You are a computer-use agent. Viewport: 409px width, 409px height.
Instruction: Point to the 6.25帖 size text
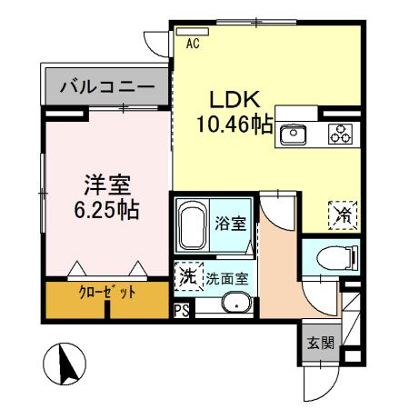tap(105, 211)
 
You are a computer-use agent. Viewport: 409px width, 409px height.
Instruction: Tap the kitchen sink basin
tap(295, 135)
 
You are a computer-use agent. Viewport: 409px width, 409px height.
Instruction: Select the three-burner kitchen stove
tap(340, 135)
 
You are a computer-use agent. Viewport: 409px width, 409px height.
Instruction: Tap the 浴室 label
tap(226, 221)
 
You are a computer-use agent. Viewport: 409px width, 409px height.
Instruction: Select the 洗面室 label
tap(225, 279)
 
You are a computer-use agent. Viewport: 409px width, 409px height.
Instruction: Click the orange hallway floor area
tap(279, 273)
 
